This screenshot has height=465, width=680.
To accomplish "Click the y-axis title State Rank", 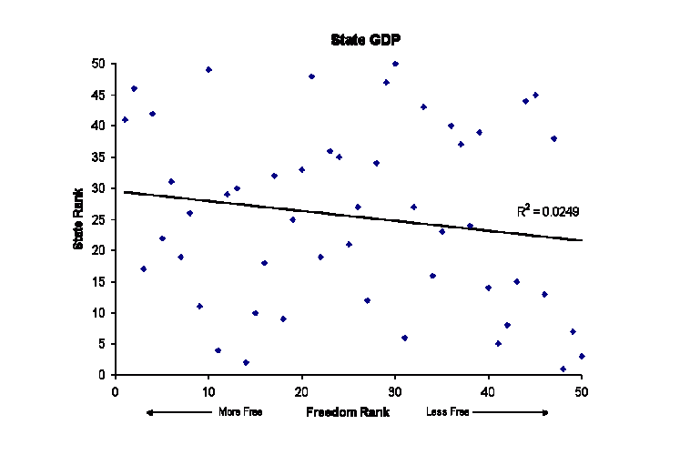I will coord(79,218).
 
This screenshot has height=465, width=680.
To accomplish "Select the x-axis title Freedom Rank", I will coord(348,412).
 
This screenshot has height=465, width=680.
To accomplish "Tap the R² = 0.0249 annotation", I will coord(548,211).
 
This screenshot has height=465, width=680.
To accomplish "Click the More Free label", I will coord(240,412).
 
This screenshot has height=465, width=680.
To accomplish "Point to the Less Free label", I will coord(448,412).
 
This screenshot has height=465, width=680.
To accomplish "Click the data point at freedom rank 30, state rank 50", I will coord(395,64).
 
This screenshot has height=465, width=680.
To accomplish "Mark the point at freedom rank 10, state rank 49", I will coord(208,69).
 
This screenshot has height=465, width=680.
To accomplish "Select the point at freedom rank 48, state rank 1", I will coord(563,369).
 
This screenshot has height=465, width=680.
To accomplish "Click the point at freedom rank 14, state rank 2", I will coord(246,362).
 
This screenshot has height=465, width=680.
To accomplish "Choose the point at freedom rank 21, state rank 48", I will coord(311,76).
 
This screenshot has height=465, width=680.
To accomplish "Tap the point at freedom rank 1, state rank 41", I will coord(125,119).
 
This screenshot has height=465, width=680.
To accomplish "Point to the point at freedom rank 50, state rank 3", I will coord(582,356).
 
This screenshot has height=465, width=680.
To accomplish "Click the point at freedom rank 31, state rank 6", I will coord(404,338).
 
